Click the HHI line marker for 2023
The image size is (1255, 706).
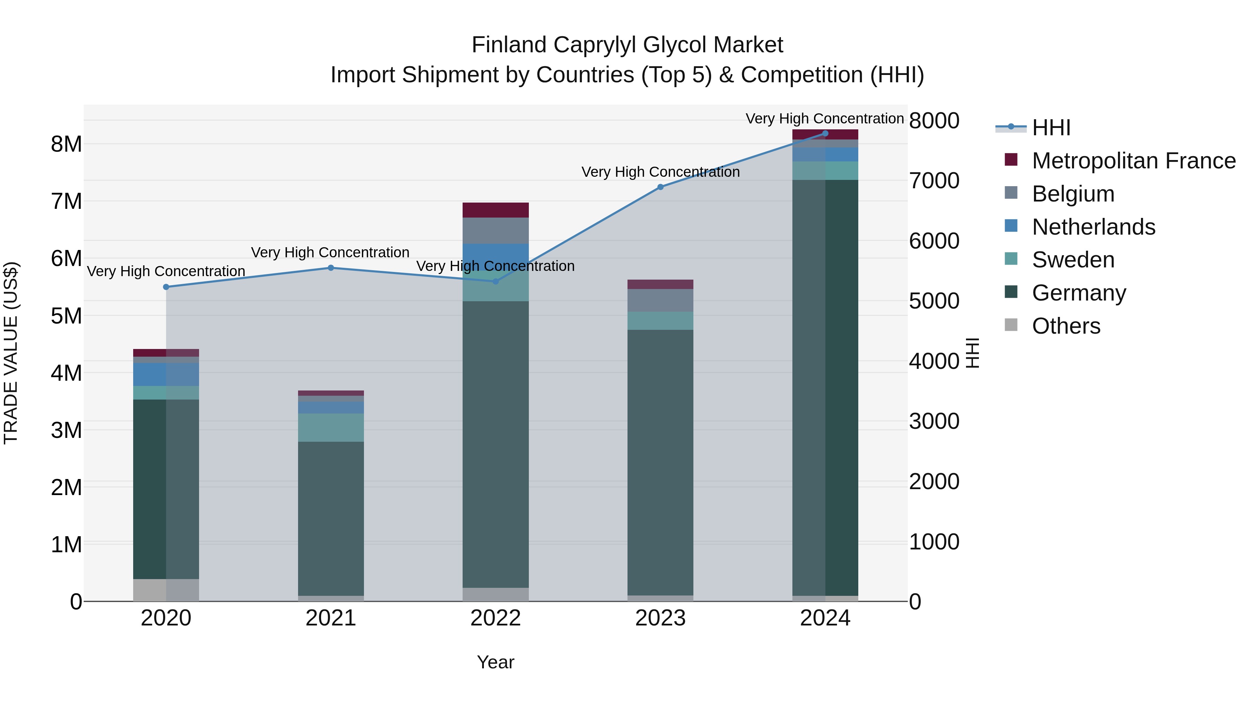(660, 187)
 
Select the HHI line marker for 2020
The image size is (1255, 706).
(166, 287)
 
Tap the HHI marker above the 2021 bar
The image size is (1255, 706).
(331, 267)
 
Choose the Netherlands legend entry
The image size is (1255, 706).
(1093, 227)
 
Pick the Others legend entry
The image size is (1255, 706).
(1066, 326)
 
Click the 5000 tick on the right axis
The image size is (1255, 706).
(934, 301)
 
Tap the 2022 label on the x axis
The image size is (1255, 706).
(495, 618)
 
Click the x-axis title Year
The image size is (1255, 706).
(495, 662)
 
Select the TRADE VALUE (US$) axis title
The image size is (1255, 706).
(11, 353)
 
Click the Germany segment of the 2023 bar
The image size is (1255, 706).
(660, 463)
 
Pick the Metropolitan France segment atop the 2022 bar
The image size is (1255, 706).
(495, 210)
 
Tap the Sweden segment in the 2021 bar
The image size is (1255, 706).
(331, 427)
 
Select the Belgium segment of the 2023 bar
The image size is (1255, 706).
(660, 300)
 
